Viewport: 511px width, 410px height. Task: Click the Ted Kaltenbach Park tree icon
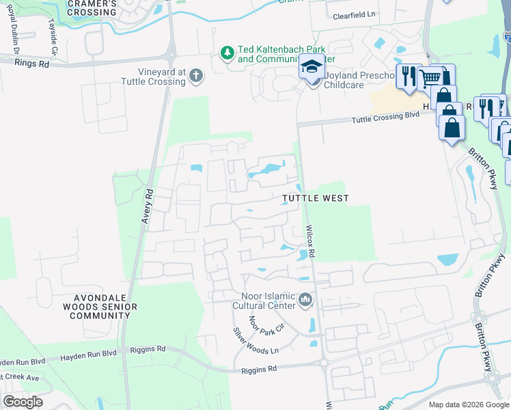[x=227, y=53]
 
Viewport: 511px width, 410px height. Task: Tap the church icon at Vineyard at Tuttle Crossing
[x=196, y=75]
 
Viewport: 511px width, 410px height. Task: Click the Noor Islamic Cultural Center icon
[x=305, y=299]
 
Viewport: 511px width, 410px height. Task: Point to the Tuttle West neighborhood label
[x=316, y=198]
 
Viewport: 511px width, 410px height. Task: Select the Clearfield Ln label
[x=355, y=14]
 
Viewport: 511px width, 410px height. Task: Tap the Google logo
[x=23, y=401]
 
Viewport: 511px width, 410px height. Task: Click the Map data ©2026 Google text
[x=468, y=405]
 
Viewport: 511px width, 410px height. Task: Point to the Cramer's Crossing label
[x=92, y=8]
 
